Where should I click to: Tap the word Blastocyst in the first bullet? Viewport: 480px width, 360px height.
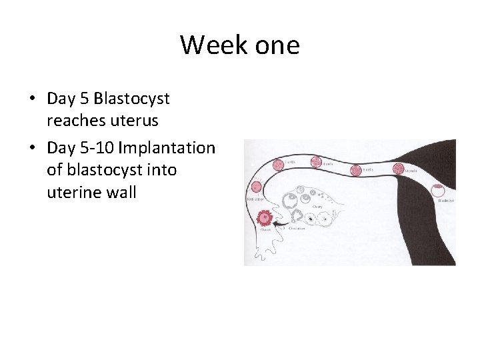click(132, 99)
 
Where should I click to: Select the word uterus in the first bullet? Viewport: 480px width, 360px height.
click(135, 121)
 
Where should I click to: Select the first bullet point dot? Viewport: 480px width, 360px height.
click(32, 99)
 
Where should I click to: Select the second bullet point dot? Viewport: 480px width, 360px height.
click(32, 148)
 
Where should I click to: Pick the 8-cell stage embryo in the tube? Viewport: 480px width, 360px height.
click(356, 171)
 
